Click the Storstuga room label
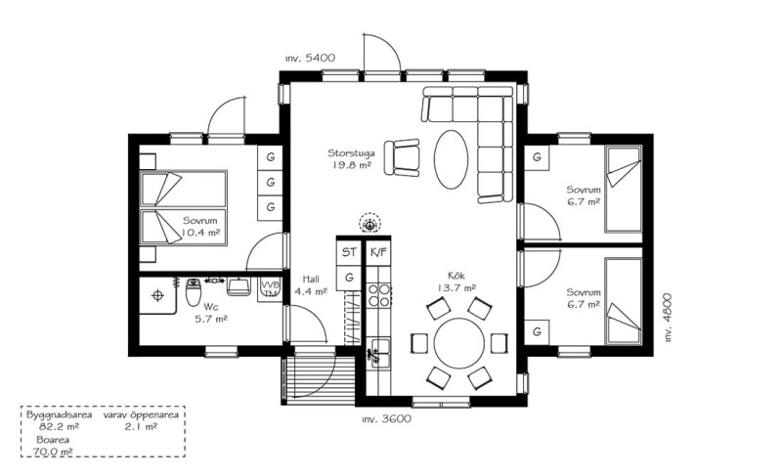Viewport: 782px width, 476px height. (351, 159)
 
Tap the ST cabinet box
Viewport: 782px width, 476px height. (349, 253)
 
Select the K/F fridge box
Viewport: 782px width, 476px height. (378, 253)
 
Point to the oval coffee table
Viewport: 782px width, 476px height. (451, 159)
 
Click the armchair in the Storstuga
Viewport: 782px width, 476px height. (402, 157)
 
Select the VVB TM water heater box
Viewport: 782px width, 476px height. (270, 288)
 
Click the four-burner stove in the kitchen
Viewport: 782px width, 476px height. (379, 294)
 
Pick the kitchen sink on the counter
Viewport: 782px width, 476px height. (379, 352)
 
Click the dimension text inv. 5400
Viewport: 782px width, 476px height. (310, 59)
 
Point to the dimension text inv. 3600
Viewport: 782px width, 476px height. (386, 419)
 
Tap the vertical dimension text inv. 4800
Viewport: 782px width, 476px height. (668, 318)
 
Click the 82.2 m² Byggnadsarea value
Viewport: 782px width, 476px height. (59, 427)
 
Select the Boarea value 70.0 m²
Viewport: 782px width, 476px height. (53, 453)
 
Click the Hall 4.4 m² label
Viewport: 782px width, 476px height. (310, 285)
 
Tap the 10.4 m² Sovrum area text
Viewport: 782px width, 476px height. (200, 233)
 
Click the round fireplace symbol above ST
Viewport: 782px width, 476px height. (369, 224)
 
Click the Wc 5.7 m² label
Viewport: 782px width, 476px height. (210, 313)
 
